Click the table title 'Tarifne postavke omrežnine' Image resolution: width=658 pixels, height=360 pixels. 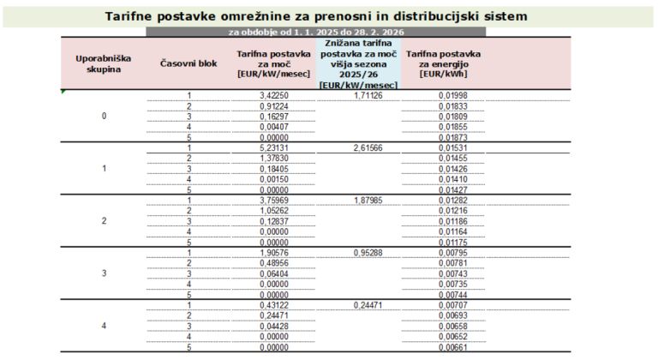click(315, 16)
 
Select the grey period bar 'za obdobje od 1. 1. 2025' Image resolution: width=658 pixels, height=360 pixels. click(315, 32)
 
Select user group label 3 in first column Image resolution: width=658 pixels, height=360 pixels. click(104, 273)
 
